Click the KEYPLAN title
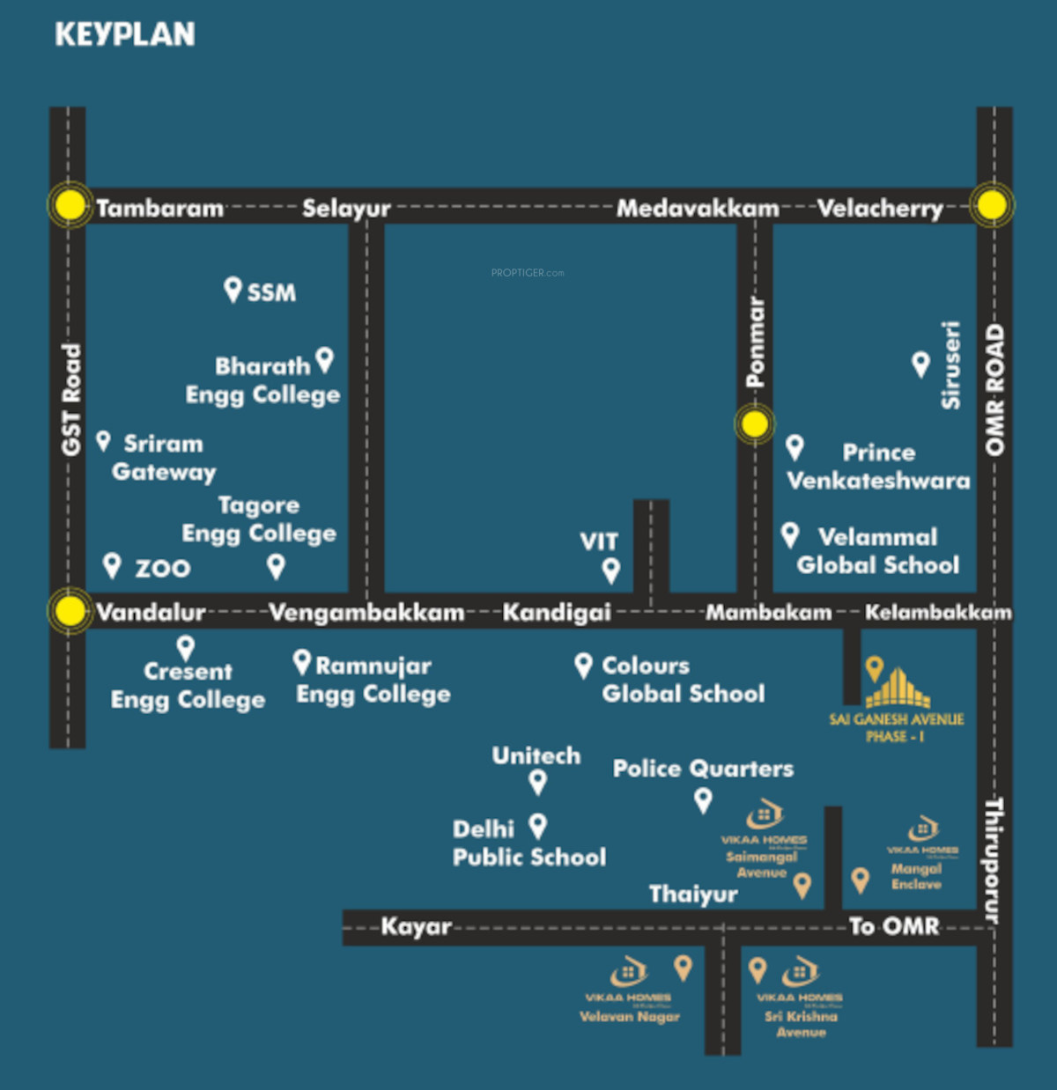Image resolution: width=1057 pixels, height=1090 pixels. (125, 34)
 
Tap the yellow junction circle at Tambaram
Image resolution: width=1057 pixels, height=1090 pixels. (70, 205)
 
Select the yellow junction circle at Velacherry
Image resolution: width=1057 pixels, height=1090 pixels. (992, 205)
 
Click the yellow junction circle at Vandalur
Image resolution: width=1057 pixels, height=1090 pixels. (70, 610)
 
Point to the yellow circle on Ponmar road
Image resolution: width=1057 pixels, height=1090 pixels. (754, 424)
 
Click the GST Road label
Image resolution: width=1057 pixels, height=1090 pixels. (70, 401)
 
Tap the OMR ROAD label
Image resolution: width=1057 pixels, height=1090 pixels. (994, 390)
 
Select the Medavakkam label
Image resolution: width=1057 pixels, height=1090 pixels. (697, 209)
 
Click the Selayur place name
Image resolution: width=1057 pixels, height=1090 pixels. (346, 209)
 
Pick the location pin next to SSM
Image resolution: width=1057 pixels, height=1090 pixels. (233, 289)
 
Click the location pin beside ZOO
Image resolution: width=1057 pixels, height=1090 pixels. (112, 564)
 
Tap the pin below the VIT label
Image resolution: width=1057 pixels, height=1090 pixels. (610, 571)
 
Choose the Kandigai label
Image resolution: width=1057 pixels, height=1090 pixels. (557, 612)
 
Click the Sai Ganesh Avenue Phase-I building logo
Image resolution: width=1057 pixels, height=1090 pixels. (897, 689)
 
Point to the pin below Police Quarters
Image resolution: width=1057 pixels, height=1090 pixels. (703, 800)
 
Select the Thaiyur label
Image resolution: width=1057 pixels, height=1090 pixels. (693, 895)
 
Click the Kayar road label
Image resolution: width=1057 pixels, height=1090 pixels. (416, 926)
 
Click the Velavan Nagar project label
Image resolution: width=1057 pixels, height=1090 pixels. (630, 1017)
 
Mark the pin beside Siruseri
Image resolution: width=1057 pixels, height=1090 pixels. (920, 364)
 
